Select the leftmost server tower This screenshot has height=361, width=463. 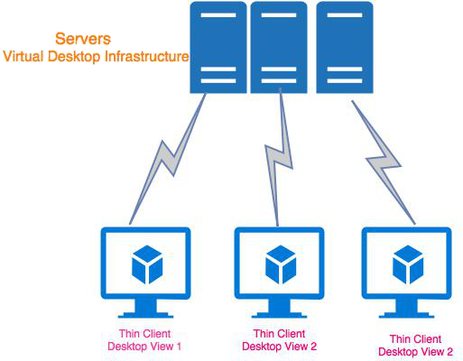click(x=218, y=47)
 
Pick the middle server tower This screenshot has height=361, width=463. click(x=278, y=47)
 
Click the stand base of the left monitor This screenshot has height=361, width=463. click(x=144, y=316)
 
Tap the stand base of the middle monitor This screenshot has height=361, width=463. click(x=279, y=316)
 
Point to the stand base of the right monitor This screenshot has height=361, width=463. click(x=406, y=316)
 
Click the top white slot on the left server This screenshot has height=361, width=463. click(x=218, y=17)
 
